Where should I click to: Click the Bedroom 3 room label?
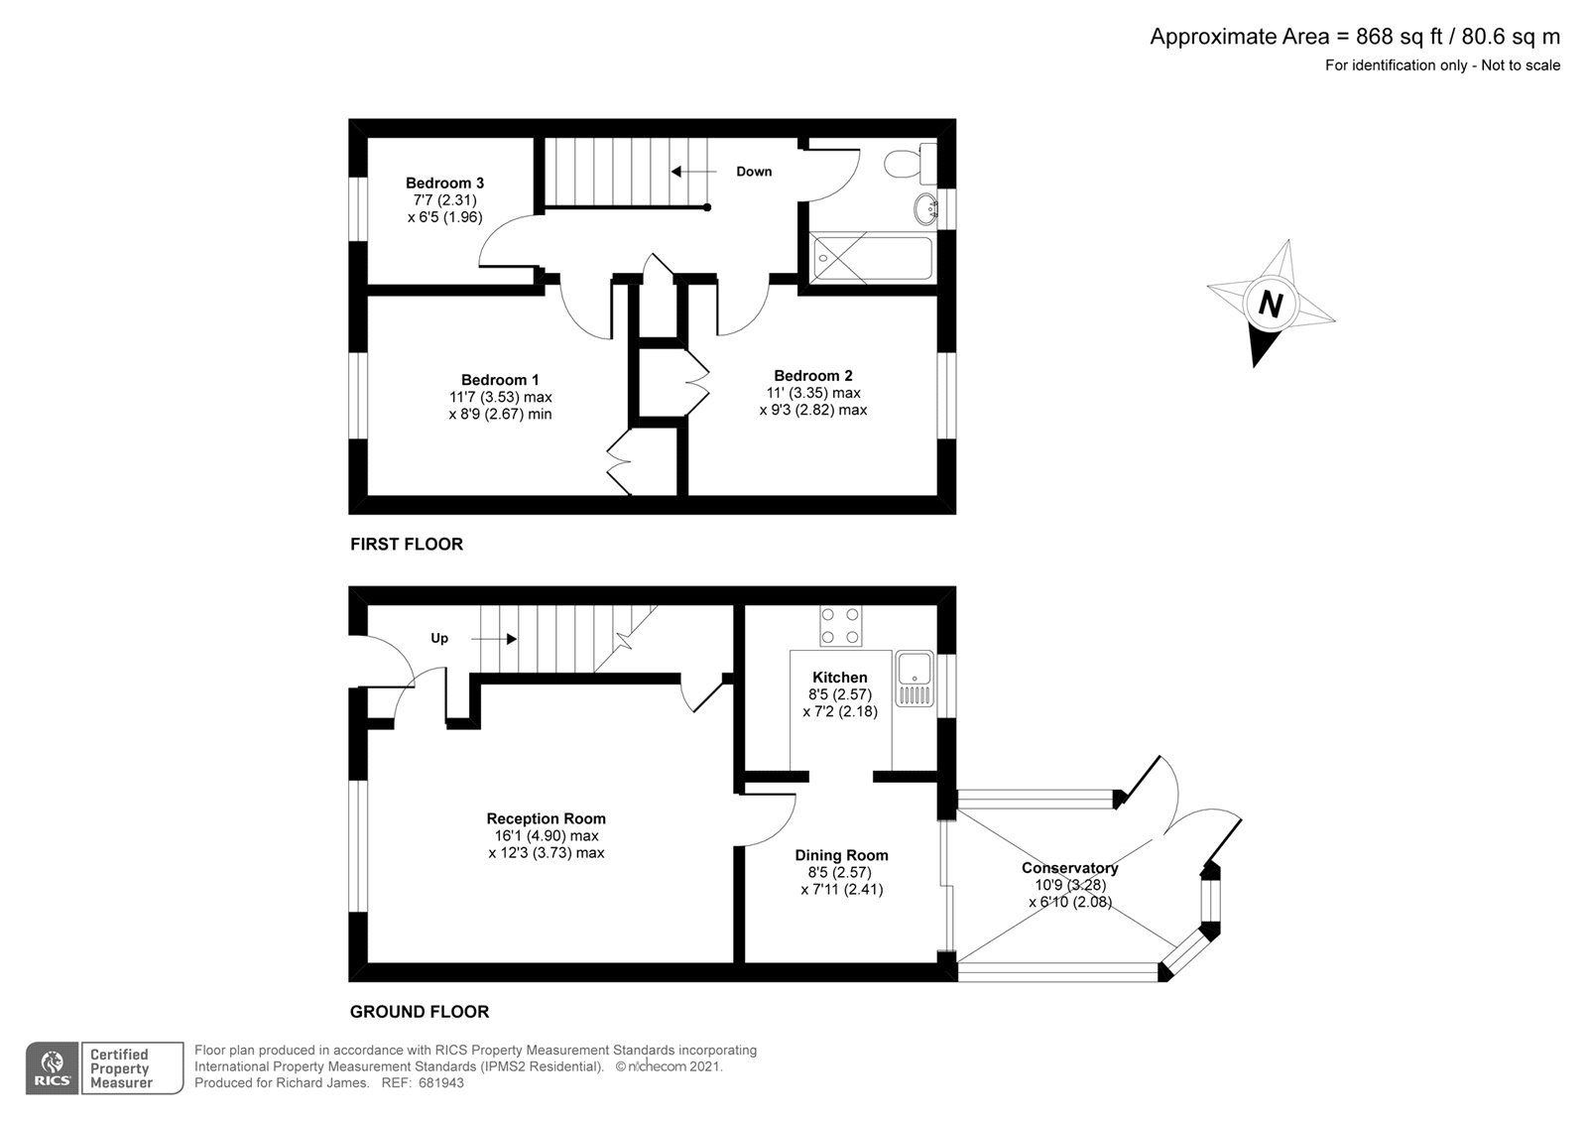pyautogui.click(x=444, y=183)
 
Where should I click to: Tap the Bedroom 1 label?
pyautogui.click(x=500, y=380)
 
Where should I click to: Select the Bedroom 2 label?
pyautogui.click(x=813, y=376)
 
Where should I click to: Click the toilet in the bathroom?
pyautogui.click(x=908, y=163)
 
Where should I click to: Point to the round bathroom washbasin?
pyautogui.click(x=926, y=208)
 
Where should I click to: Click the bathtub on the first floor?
pyautogui.click(x=871, y=258)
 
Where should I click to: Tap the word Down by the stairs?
pyautogui.click(x=754, y=172)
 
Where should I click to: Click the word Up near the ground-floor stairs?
pyautogui.click(x=439, y=638)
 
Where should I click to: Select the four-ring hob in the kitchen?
pyautogui.click(x=840, y=626)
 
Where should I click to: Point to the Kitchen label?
pyautogui.click(x=840, y=678)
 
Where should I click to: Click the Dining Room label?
pyautogui.click(x=841, y=855)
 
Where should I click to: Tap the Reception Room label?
pyautogui.click(x=546, y=818)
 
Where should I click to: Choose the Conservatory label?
pyautogui.click(x=1069, y=868)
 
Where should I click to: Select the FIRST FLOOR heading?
pyautogui.click(x=407, y=544)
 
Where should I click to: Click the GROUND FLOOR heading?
pyautogui.click(x=420, y=1012)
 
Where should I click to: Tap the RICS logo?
pyautogui.click(x=52, y=1067)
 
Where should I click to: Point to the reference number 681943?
pyautogui.click(x=442, y=1083)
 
